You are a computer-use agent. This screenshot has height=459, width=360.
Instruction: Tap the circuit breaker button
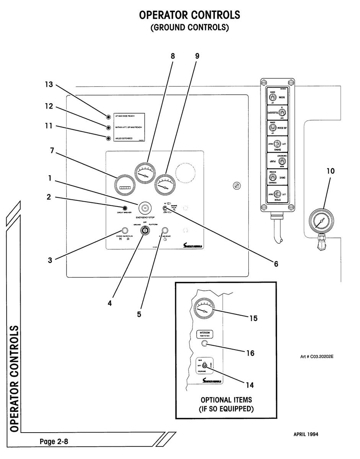click(125, 208)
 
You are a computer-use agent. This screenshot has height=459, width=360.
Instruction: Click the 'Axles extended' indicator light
click(109, 138)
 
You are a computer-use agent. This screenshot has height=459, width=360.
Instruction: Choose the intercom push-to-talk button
click(204, 343)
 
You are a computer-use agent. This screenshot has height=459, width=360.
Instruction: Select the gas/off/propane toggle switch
click(205, 365)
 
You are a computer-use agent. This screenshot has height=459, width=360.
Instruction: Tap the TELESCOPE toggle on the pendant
click(282, 112)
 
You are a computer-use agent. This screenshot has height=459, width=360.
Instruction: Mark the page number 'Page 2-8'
click(54, 442)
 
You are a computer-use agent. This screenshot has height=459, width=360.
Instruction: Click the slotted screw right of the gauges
click(237, 186)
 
